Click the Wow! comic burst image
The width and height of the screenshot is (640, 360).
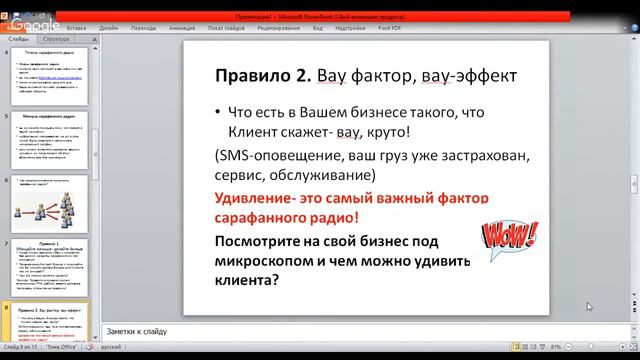509,237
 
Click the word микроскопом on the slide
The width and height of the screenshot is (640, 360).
271,262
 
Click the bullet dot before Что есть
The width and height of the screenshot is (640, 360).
220,113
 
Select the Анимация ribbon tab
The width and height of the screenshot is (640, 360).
182,29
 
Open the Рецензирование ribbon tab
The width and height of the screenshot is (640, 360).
279,29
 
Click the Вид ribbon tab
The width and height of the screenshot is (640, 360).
317,29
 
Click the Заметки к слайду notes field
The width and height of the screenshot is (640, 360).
300,331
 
